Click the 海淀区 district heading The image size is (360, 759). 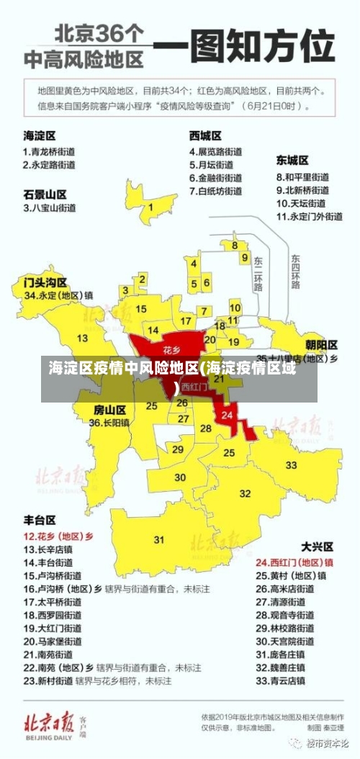click(40, 135)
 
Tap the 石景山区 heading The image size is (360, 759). click(45, 194)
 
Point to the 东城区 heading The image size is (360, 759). click(292, 160)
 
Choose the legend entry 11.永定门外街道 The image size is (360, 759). click(310, 215)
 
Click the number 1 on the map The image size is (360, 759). click(150, 207)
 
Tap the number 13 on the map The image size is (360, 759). click(83, 338)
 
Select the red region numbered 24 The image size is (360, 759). click(228, 416)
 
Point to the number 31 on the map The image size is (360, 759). click(159, 539)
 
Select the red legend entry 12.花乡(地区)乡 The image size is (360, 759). click(59, 536)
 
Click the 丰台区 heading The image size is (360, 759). click(40, 519)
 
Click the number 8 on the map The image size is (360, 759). click(235, 246)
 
